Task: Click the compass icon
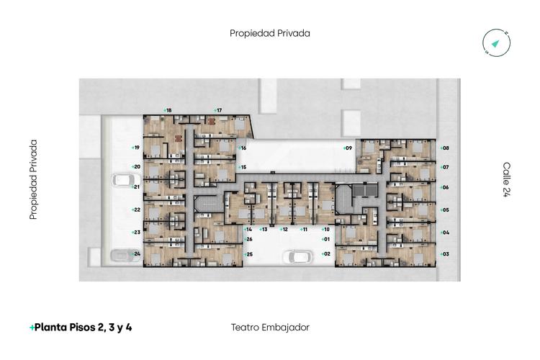click(496, 45)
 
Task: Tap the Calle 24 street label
click(506, 179)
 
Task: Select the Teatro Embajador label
click(270, 327)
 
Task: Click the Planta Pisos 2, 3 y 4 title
click(81, 327)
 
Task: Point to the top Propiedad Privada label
click(270, 32)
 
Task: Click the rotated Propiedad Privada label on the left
click(33, 179)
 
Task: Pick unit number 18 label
click(168, 110)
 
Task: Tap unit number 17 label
click(217, 110)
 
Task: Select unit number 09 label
click(347, 148)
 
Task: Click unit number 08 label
click(445, 148)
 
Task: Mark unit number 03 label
click(445, 254)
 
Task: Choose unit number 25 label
click(248, 254)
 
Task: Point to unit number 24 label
click(136, 254)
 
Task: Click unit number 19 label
click(135, 148)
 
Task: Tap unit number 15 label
click(243, 167)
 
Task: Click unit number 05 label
click(445, 210)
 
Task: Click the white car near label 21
click(125, 179)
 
